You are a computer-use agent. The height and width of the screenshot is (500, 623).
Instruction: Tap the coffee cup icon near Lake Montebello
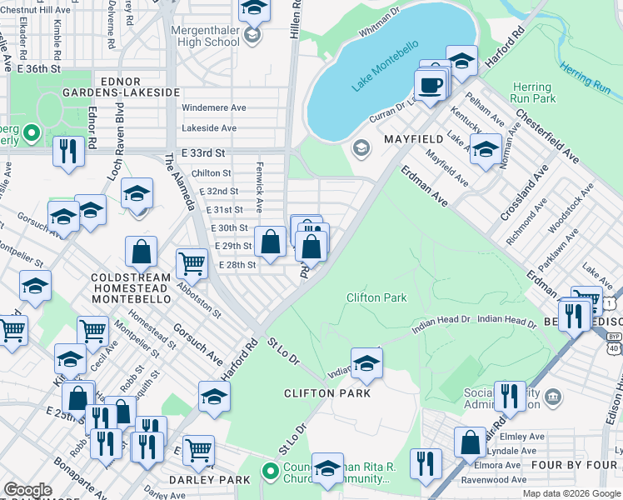click(x=430, y=86)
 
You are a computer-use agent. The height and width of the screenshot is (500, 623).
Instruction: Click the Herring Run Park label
click(x=532, y=92)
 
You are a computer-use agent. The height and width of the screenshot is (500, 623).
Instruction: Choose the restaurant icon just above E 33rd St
click(x=66, y=151)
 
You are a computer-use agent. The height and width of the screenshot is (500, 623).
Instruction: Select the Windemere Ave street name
click(x=214, y=107)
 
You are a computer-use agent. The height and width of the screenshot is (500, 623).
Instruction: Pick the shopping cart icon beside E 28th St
click(x=192, y=263)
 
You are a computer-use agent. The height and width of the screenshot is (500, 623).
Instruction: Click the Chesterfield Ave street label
click(x=547, y=134)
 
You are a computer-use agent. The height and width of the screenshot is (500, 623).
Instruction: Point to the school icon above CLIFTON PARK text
click(x=366, y=362)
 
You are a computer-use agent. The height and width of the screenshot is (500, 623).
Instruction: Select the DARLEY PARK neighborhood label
click(x=204, y=480)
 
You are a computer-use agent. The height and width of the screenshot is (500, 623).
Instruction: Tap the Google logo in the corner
click(x=27, y=490)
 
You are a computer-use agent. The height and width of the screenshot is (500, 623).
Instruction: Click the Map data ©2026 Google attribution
click(x=571, y=493)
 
